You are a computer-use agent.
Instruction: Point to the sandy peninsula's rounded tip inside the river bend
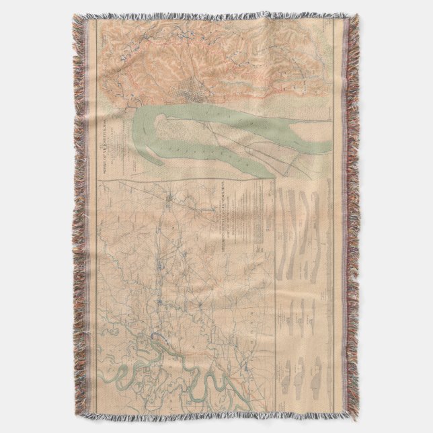163,121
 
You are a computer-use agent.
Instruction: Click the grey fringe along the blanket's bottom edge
215,418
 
